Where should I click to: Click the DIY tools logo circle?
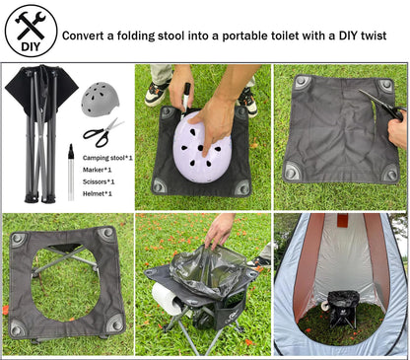click(x=31, y=31)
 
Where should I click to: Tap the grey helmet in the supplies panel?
click(x=99, y=99)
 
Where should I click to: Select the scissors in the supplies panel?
click(x=102, y=131)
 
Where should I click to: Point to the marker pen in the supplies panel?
click(x=71, y=170)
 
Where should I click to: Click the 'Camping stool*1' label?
click(x=107, y=158)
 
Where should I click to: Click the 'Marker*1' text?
click(x=98, y=170)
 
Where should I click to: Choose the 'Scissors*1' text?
click(x=100, y=181)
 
